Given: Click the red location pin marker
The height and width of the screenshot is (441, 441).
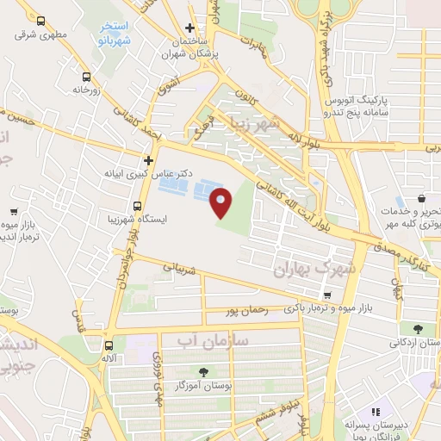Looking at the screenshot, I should [222, 202].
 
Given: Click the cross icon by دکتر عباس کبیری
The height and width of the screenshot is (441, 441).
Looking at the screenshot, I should [149, 160].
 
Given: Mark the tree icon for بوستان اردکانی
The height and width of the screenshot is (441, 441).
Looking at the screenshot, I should [418, 328].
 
